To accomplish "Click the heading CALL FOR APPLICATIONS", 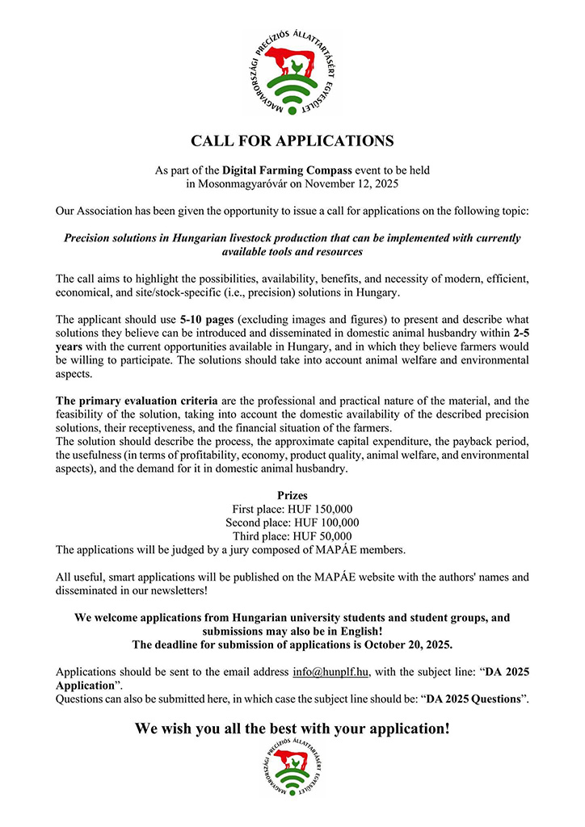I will tap(292, 141).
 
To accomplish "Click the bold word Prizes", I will tap(292, 495).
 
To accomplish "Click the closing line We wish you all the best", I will tap(292, 728).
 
